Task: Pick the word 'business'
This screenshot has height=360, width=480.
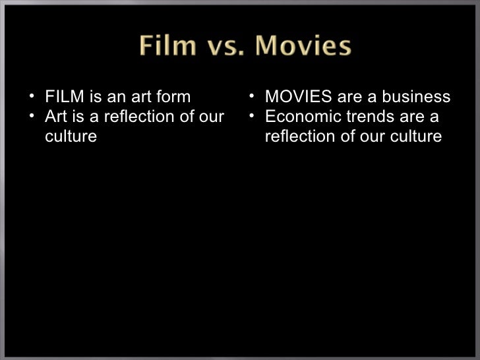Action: [420, 98]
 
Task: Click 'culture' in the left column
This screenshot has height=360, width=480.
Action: [71, 137]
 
